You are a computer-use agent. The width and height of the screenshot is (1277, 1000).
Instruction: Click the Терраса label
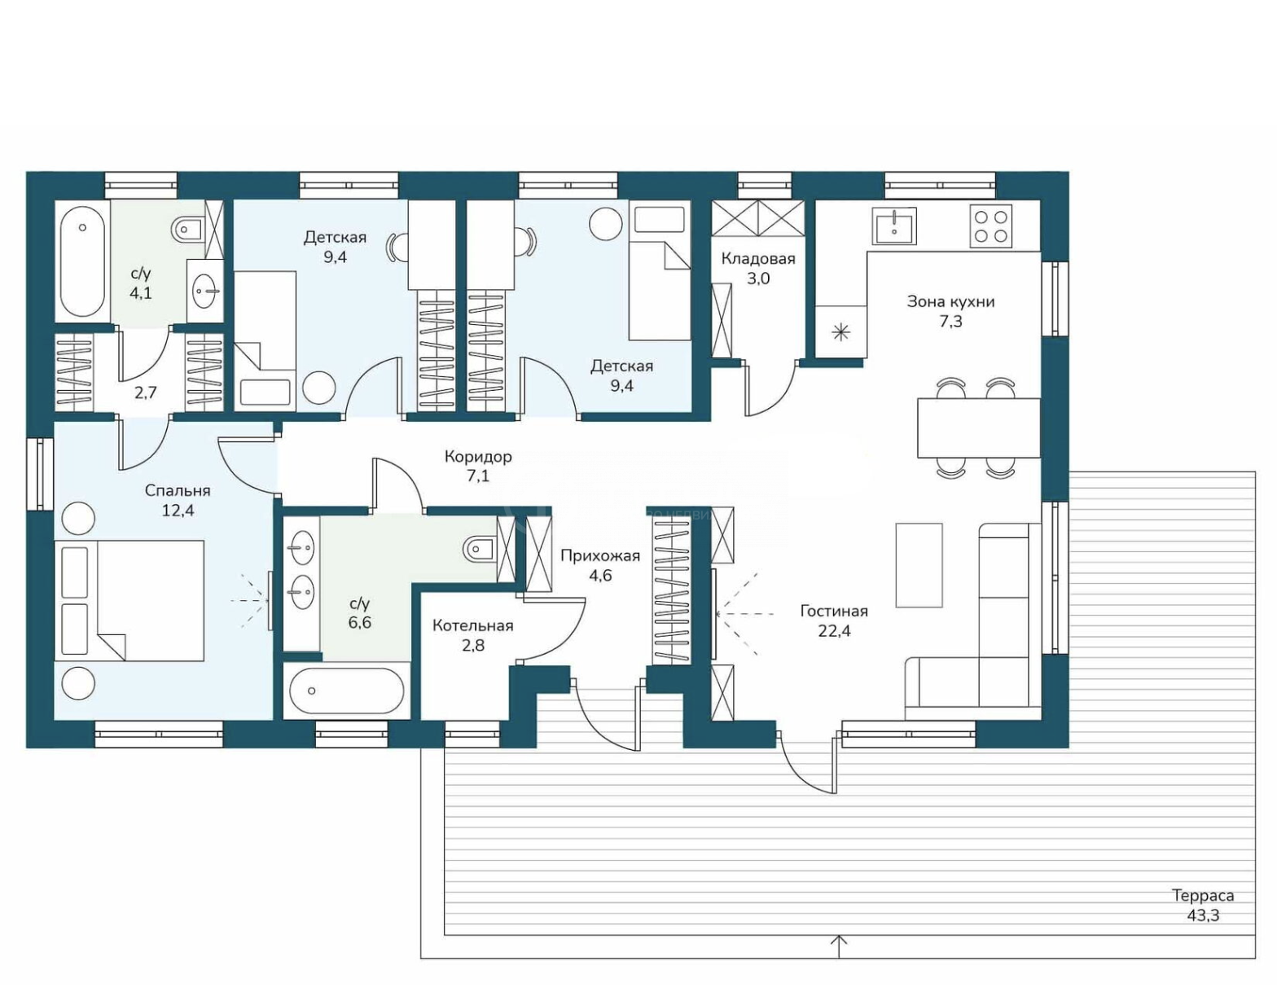click(x=1203, y=896)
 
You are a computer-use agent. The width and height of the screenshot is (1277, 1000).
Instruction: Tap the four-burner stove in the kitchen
click(x=990, y=226)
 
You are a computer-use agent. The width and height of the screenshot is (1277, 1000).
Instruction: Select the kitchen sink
click(x=894, y=225)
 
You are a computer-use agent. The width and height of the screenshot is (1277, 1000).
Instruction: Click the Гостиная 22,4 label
click(x=834, y=621)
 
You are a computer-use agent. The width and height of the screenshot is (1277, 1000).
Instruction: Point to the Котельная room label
click(x=473, y=625)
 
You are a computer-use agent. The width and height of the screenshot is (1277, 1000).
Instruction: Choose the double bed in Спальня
click(x=129, y=600)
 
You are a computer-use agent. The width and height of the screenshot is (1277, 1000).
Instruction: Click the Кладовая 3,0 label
click(x=758, y=269)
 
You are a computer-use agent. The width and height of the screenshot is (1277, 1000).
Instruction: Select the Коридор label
click(x=478, y=457)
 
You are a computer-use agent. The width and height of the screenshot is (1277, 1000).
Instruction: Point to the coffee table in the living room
click(x=919, y=565)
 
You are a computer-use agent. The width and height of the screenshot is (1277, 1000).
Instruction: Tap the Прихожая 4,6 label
click(x=600, y=565)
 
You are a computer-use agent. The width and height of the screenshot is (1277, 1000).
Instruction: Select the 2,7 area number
click(x=145, y=393)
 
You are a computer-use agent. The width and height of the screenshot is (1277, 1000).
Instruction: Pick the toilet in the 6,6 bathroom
click(x=480, y=550)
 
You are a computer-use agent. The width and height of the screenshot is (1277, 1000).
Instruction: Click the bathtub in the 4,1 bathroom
click(x=83, y=261)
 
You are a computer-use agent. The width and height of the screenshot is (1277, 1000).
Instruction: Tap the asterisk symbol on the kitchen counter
click(x=841, y=333)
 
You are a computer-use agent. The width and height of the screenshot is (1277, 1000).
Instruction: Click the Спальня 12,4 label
click(x=178, y=501)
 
